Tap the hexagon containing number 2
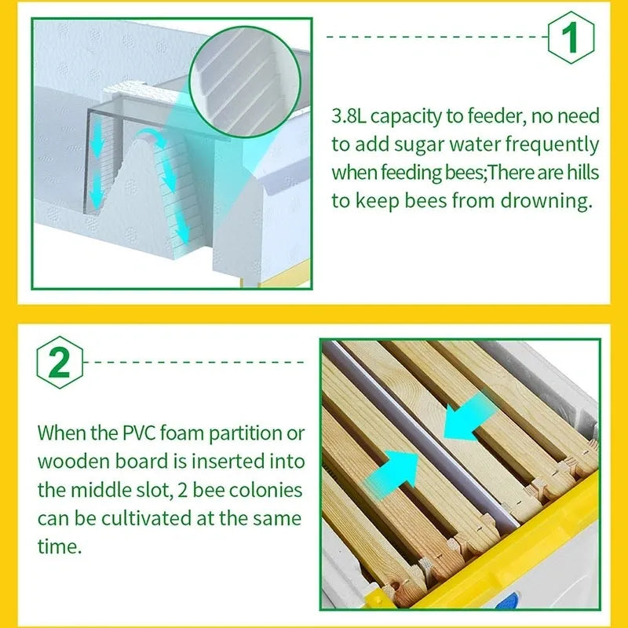point(60,363)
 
